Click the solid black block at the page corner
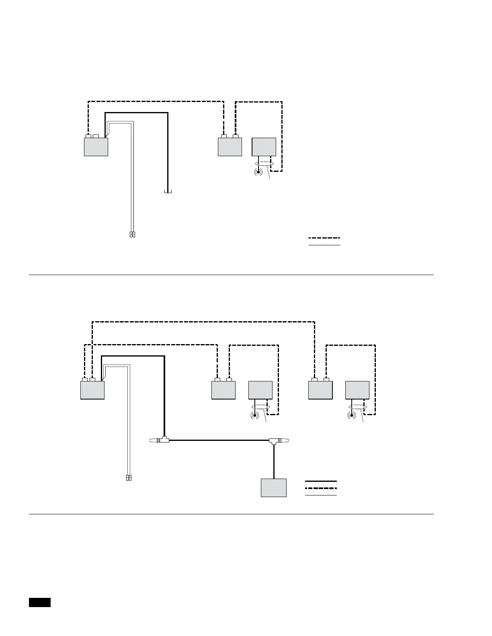pyautogui.click(x=40, y=602)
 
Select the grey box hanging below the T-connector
pyautogui.click(x=274, y=487)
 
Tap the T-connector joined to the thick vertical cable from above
pyautogui.click(x=164, y=440)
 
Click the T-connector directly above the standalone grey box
pyautogui.click(x=274, y=440)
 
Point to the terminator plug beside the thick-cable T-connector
pyautogui.click(x=153, y=440)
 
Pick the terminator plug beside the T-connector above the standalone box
pyautogui.click(x=285, y=440)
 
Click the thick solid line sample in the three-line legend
pyautogui.click(x=321, y=481)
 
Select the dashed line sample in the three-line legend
pyautogui.click(x=321, y=488)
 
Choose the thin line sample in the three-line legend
pyautogui.click(x=321, y=495)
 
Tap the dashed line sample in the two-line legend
pyautogui.click(x=324, y=238)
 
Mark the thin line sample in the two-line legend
pyautogui.click(x=324, y=245)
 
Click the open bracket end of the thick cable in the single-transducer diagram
pyautogui.click(x=168, y=192)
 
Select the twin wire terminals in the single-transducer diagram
pyautogui.click(x=133, y=234)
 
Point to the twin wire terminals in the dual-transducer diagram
pyautogui.click(x=129, y=478)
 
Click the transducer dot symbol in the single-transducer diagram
pyautogui.click(x=258, y=172)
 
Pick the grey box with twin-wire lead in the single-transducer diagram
pyautogui.click(x=96, y=147)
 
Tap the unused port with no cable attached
pyautogui.click(x=96, y=136)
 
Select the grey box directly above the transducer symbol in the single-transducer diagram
pyautogui.click(x=264, y=147)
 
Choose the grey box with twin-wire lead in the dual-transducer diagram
pyautogui.click(x=92, y=390)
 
